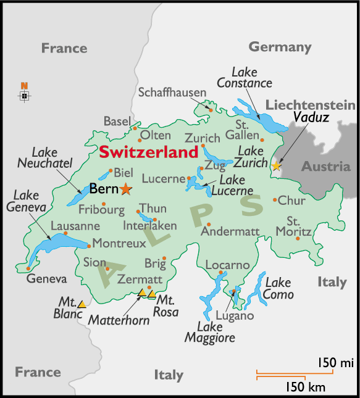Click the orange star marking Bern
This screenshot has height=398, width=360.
(126, 189)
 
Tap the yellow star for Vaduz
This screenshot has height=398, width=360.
(275, 165)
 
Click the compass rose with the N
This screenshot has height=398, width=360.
(24, 95)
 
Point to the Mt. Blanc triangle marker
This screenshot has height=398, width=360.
(82, 303)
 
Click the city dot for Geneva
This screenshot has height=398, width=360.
(28, 268)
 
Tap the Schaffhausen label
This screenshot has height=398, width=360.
(172, 93)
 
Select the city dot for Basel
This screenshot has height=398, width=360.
(135, 128)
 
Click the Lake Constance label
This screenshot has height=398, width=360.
(244, 78)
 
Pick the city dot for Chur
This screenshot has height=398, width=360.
(275, 199)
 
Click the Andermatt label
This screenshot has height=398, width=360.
(230, 232)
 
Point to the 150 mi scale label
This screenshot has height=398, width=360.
(335, 362)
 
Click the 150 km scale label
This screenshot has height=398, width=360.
(305, 387)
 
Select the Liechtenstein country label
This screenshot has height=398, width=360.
(310, 104)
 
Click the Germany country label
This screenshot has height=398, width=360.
(280, 47)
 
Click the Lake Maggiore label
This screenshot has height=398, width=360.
(210, 331)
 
